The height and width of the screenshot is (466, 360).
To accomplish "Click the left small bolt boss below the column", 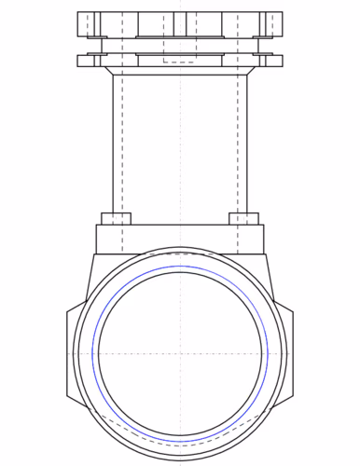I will coord(116,218).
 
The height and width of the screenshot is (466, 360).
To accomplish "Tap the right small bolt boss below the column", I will coord(243,218).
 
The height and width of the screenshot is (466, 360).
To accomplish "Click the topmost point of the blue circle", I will coord(180,267).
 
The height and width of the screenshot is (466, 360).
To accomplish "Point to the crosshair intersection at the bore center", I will coord(180,353).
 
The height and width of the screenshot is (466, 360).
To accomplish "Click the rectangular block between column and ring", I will coord(180,238).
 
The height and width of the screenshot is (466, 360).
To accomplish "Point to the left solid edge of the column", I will coord(113,140).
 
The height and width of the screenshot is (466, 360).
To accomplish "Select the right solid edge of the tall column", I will coord(247,140).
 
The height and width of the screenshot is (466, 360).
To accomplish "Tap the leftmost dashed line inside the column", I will coord(123,140).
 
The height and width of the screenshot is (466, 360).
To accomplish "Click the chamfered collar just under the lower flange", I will coord(180,70).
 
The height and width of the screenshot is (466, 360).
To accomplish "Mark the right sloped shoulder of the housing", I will coord(272,280).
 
